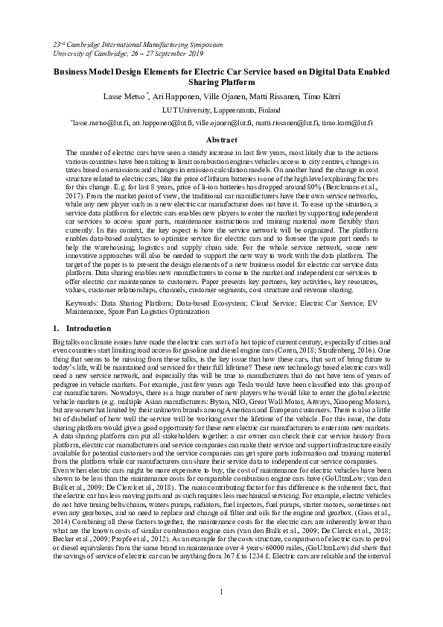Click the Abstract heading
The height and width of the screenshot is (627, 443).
click(221, 140)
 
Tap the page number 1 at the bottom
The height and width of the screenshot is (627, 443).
click(221, 592)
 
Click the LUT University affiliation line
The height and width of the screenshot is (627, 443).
click(221, 110)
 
